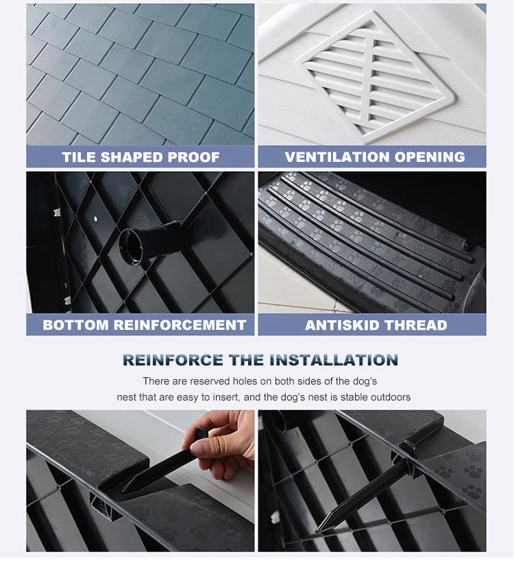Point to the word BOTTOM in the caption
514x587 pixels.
[75, 325]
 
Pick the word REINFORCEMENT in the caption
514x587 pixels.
[180, 325]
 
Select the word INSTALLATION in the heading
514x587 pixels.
[334, 360]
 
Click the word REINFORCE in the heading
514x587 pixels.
[173, 360]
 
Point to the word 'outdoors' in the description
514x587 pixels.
[391, 397]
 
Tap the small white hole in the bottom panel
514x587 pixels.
[95, 218]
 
